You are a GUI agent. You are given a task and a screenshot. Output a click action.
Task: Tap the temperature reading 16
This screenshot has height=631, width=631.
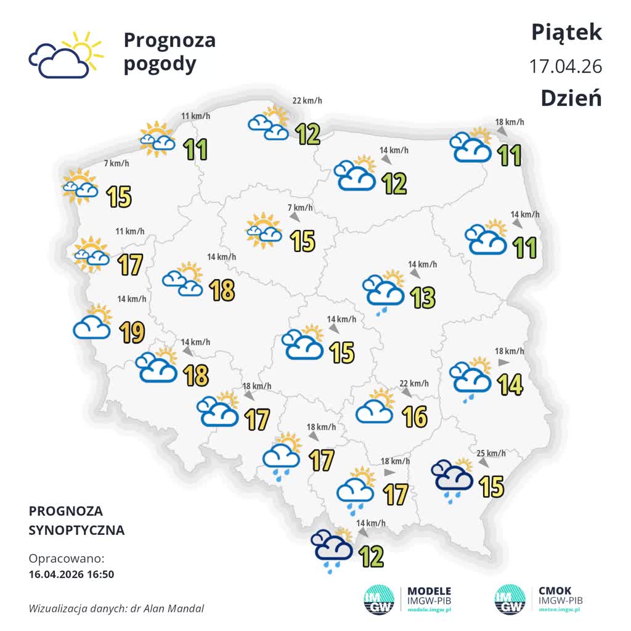415,417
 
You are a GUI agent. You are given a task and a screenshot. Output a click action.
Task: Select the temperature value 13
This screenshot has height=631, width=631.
423,297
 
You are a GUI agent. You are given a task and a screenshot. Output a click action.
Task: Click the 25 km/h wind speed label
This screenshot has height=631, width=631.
491,454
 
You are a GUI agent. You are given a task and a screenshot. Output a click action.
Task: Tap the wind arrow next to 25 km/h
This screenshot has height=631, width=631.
484,462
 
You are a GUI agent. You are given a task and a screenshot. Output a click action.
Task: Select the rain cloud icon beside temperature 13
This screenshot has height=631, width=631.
383,291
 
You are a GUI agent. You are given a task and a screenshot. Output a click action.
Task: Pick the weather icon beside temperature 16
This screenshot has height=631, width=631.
375,407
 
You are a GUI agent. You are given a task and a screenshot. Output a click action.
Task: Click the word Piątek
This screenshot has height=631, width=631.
566,33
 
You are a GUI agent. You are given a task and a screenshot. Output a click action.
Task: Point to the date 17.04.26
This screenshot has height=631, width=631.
565,66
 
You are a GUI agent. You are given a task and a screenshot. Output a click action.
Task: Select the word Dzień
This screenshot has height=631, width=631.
571,97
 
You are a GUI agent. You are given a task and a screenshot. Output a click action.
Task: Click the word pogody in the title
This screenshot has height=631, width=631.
160,64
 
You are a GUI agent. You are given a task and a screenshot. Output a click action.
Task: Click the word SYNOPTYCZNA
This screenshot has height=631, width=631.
76,530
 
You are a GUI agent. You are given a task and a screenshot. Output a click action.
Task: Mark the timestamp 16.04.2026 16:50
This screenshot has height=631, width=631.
71,574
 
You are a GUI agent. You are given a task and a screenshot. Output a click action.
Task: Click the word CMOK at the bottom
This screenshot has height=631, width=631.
555,591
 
